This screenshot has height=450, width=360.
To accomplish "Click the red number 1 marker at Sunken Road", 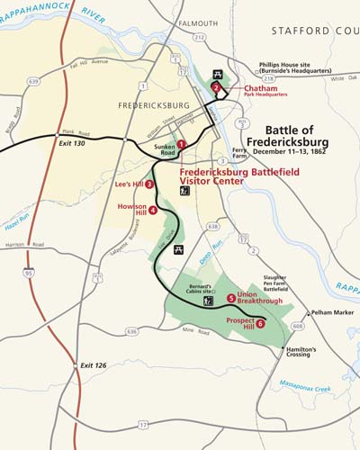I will (181, 144).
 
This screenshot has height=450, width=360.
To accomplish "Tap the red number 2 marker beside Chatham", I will (217, 87).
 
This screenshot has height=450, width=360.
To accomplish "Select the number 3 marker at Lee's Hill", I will (149, 184).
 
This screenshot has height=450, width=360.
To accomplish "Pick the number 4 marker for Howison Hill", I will (153, 210).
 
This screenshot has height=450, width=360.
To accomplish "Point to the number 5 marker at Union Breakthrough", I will (231, 298).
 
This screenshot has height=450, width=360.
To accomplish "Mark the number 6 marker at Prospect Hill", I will (261, 324).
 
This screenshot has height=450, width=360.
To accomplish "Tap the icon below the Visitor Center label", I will (184, 190).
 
